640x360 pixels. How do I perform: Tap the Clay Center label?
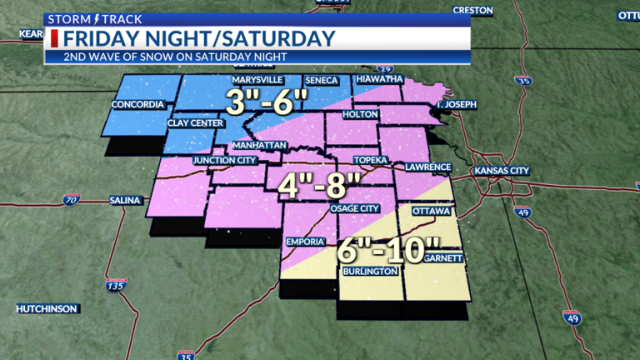point(194,122)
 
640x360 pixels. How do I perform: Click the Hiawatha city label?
point(379,79)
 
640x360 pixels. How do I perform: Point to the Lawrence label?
point(427,167)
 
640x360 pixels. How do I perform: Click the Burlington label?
point(366,272)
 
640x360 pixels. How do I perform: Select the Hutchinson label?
point(47,308)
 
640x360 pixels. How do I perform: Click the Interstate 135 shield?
point(112,287)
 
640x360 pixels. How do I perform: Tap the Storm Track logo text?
point(82,18)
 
